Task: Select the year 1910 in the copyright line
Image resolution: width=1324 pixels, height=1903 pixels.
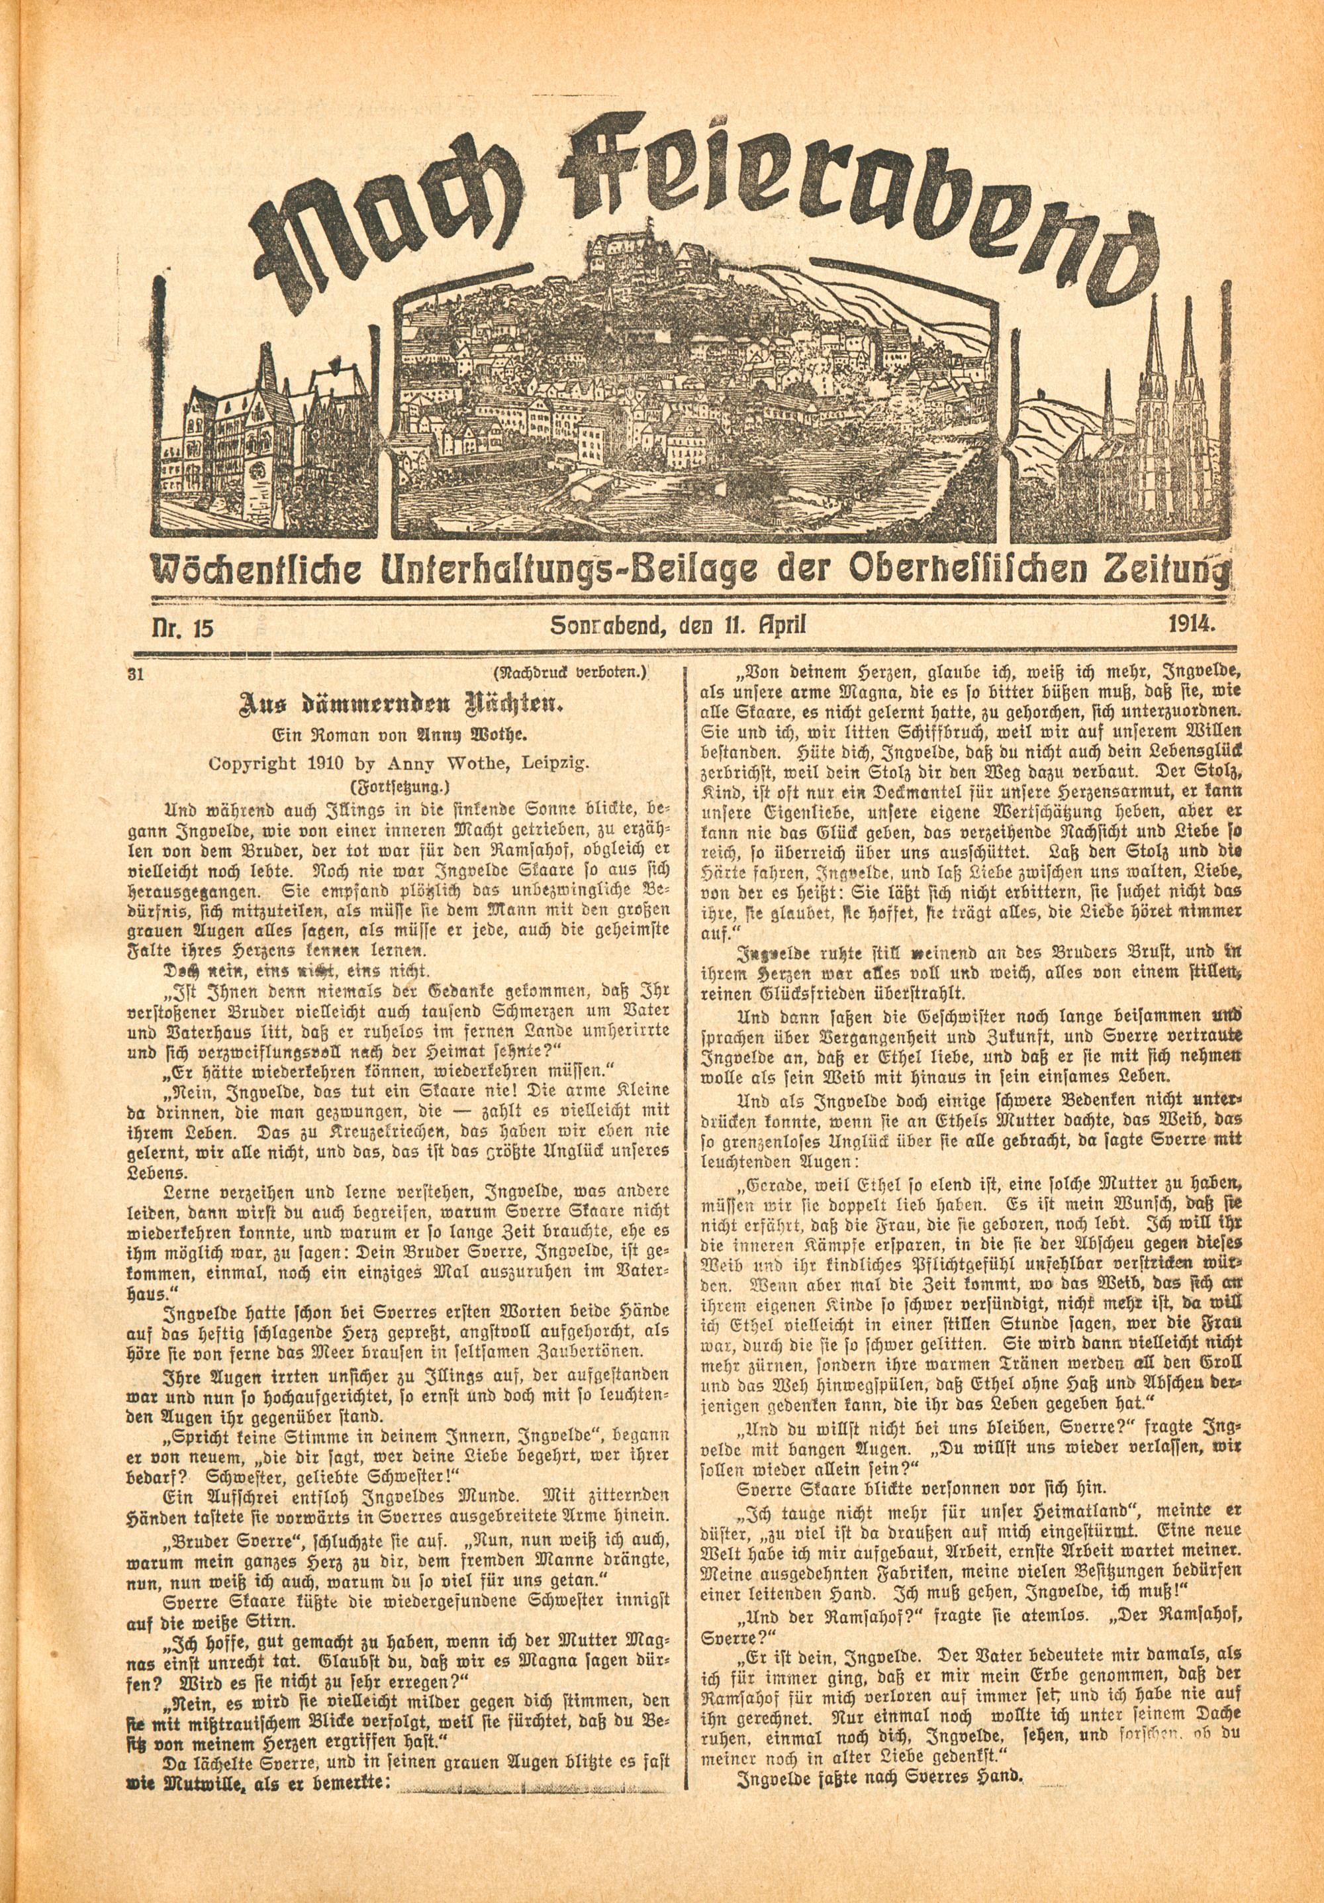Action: click(375, 766)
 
